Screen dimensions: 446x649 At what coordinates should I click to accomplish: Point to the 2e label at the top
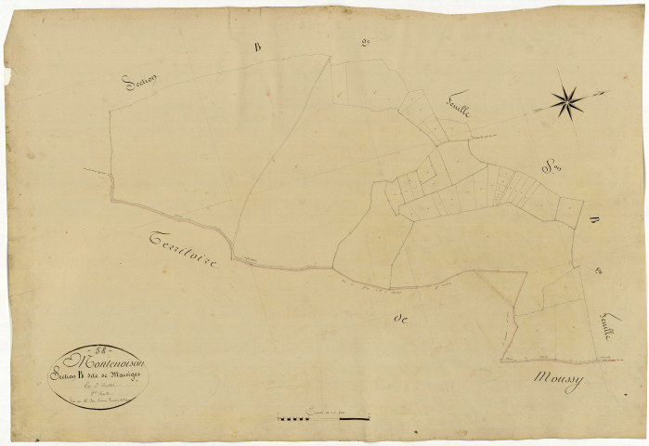pyautogui.click(x=364, y=42)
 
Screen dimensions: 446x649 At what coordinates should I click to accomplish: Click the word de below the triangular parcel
pyautogui.click(x=402, y=319)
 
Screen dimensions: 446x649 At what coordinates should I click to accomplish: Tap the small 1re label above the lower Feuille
pyautogui.click(x=600, y=271)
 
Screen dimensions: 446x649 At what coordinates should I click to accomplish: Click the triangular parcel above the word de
pyautogui.click(x=501, y=287)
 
